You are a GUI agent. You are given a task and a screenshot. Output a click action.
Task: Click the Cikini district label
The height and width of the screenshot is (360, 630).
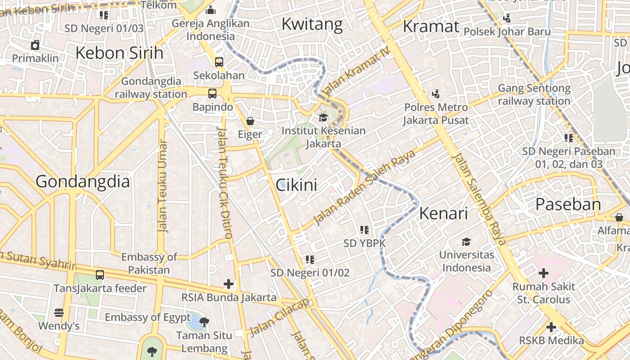pos(296,185)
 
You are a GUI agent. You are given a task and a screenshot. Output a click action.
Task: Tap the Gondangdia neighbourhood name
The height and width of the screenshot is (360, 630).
pos(82,182)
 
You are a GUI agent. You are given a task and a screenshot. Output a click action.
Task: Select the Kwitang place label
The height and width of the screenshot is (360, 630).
pos(312,24)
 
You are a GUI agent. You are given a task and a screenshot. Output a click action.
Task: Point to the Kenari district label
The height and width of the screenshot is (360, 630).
pos(443,214)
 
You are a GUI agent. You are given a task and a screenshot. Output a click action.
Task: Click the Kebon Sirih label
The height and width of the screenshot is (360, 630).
pos(119,53)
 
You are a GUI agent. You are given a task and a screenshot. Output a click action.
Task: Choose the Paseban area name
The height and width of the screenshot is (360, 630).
pos(568,205)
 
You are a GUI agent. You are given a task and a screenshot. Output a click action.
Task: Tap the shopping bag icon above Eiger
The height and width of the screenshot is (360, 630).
pos(250,121)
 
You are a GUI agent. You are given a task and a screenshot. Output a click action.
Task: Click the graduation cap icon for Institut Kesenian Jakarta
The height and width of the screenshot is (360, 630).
pos(323,118)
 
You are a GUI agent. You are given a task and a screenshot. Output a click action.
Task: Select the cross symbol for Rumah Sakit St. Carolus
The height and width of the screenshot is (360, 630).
pos(544,273)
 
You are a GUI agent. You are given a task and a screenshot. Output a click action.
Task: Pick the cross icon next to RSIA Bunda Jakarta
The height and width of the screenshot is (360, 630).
pos(229,284)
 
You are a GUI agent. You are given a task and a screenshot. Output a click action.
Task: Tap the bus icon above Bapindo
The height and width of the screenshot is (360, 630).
pos(212,94)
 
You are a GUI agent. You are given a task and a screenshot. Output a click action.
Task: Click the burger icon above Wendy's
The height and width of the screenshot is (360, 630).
pos(58,312)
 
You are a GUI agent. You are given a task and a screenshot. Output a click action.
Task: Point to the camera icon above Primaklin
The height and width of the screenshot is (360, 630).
pos(35,45)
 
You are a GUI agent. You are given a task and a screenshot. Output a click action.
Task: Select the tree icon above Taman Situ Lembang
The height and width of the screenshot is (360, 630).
pos(204,322)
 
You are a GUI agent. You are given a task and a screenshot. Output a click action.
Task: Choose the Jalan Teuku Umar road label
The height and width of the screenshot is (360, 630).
pos(162,186)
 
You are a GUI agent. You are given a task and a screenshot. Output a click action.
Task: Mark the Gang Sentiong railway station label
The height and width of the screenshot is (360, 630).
pos(534,94)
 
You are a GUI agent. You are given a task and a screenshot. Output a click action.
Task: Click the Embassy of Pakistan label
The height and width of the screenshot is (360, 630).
pos(149,263)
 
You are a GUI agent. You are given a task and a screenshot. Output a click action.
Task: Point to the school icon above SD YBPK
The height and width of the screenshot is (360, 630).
pos(364,230)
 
